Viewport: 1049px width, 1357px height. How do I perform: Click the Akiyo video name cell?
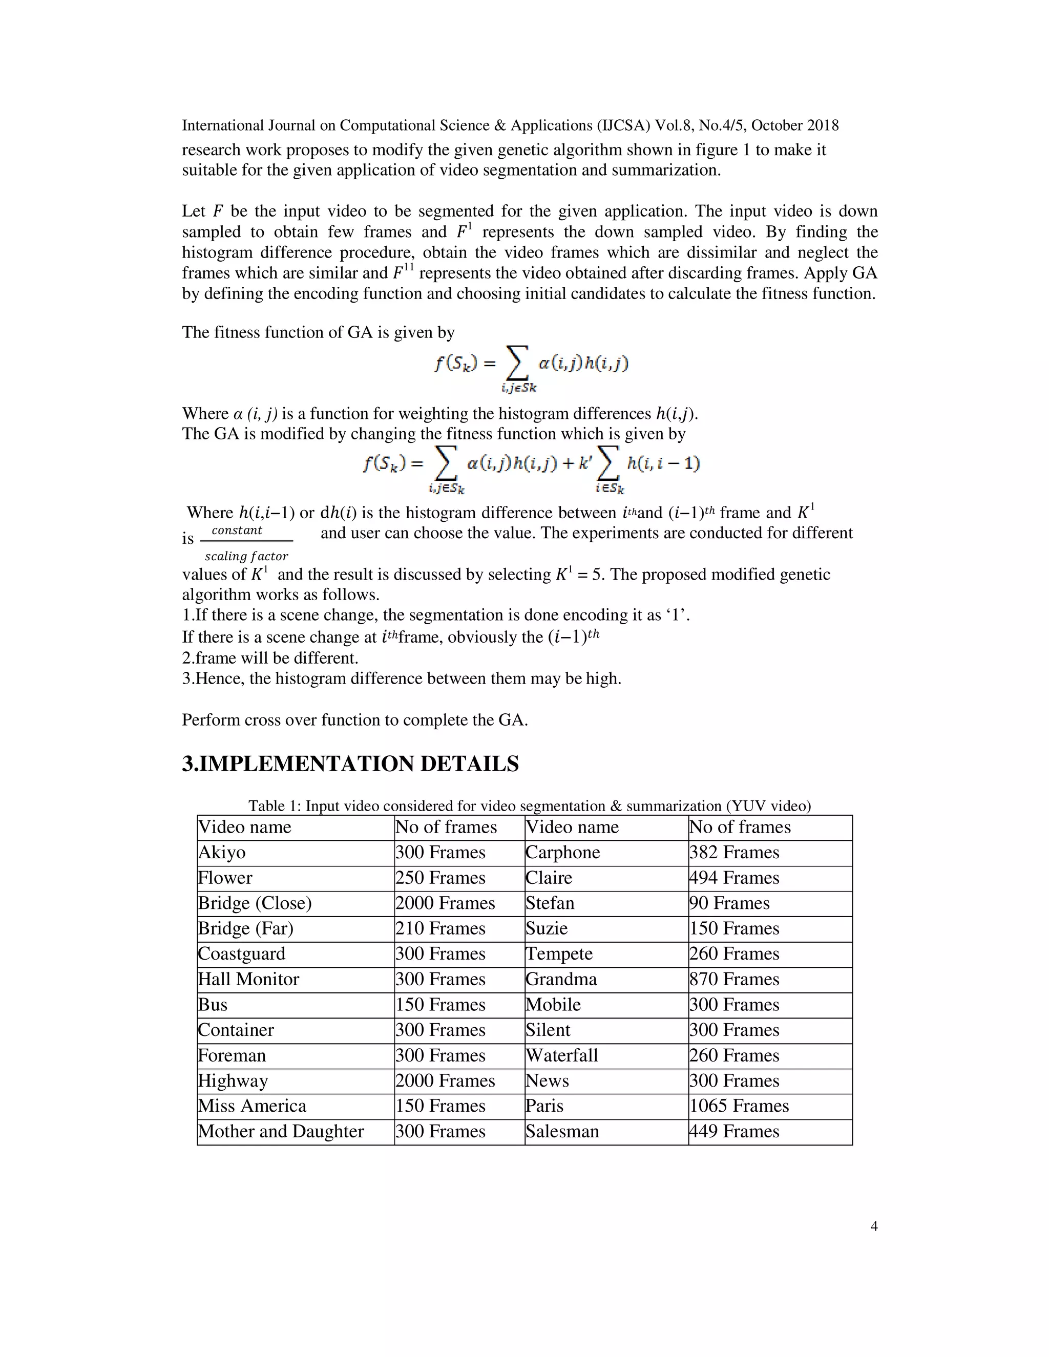(222, 853)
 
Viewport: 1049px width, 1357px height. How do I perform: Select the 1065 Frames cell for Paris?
(739, 1106)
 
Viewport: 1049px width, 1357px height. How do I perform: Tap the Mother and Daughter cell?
(281, 1132)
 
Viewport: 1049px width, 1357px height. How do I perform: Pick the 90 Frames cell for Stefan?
(729, 903)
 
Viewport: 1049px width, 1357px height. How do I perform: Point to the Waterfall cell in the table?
(562, 1055)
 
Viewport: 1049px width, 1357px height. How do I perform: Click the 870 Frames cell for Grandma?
(734, 979)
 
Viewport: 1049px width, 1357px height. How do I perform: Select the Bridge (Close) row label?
(255, 903)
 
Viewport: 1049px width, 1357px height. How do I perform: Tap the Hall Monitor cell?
(248, 979)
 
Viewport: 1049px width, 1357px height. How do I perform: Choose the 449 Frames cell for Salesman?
(734, 1132)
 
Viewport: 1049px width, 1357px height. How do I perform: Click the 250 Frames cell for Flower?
(440, 878)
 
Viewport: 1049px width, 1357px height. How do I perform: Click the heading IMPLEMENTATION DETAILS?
(350, 764)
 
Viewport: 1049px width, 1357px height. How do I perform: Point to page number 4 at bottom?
(874, 1226)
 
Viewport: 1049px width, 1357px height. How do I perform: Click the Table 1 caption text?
(530, 806)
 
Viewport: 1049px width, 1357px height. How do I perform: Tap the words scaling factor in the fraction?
(247, 556)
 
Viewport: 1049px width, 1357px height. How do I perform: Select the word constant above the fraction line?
(237, 530)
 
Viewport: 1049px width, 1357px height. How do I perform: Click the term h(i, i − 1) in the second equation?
(663, 463)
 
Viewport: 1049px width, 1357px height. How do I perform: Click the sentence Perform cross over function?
(354, 720)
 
